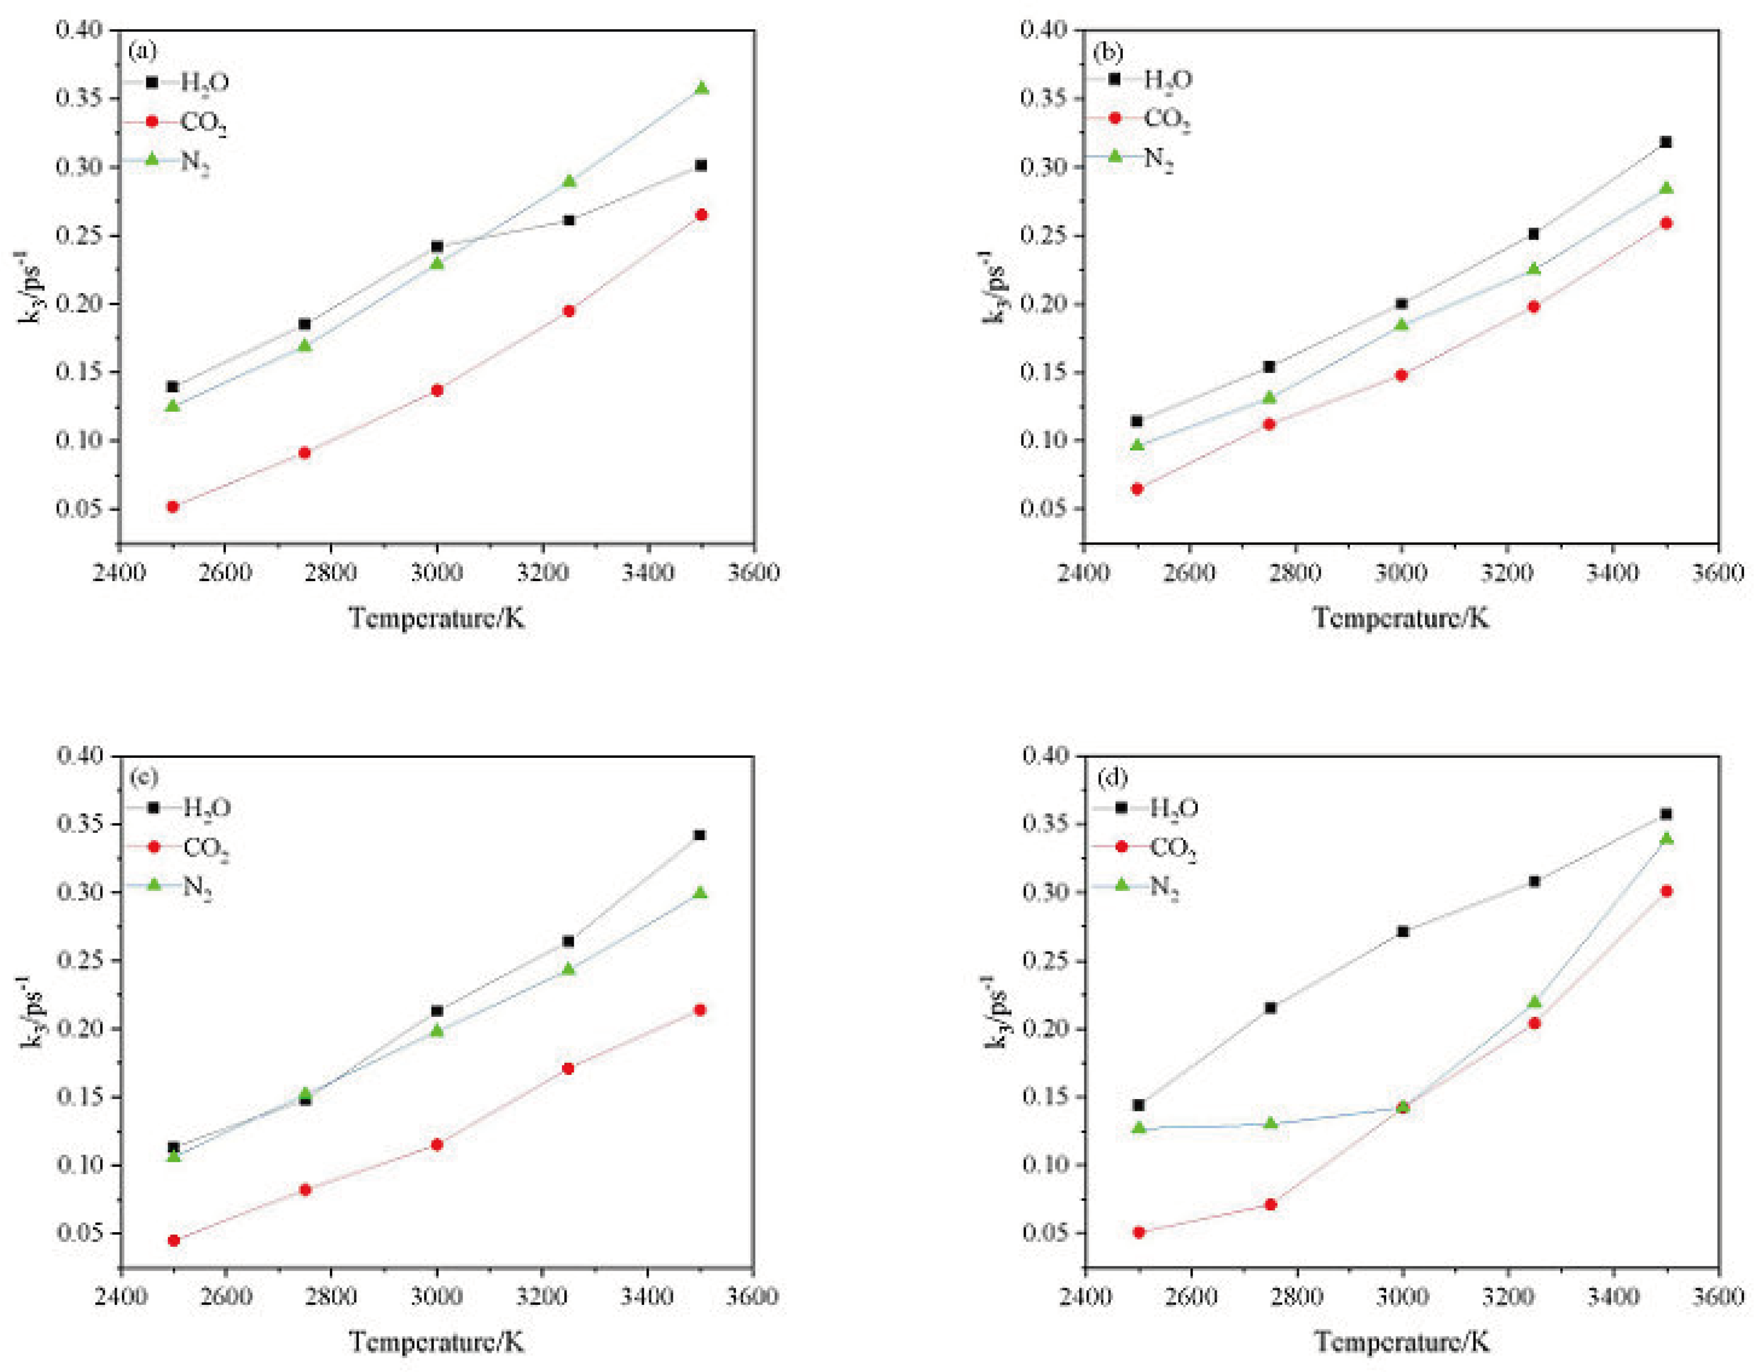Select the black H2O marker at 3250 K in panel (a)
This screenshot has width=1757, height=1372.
tap(569, 220)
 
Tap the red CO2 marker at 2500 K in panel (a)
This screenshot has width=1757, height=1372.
tap(172, 506)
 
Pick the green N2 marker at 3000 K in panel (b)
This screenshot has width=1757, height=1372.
tap(1401, 324)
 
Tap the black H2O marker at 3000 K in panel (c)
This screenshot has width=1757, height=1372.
tap(437, 1011)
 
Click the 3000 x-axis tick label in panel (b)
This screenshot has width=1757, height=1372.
tap(1401, 572)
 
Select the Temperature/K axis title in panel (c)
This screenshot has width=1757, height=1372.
tap(437, 1341)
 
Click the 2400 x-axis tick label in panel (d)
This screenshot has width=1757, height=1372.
tap(1084, 1296)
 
